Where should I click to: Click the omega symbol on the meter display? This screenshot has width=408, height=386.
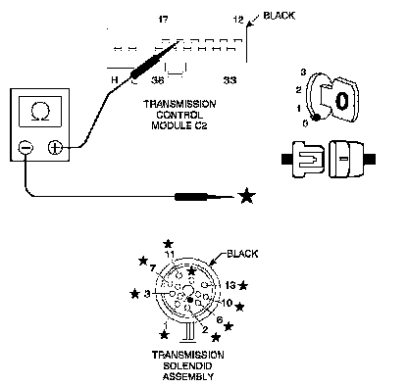[40, 112]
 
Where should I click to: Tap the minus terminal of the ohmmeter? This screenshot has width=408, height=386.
[25, 148]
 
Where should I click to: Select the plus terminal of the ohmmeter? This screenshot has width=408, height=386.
[55, 148]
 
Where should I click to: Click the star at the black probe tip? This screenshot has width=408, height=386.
[246, 196]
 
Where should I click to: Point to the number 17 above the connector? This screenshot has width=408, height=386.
[164, 20]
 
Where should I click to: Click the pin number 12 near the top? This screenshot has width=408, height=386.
[238, 20]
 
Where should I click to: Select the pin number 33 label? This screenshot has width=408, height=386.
[229, 80]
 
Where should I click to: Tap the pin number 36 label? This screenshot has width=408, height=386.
[157, 80]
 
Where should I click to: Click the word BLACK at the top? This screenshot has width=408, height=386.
[280, 16]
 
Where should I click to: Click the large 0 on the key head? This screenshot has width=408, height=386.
[341, 101]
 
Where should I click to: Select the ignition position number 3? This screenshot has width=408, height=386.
[303, 72]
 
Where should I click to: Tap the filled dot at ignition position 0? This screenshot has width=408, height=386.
[316, 118]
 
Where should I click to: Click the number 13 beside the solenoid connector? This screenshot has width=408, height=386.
[230, 285]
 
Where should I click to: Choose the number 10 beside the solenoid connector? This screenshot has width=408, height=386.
[227, 303]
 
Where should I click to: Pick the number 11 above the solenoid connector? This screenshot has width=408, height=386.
[170, 255]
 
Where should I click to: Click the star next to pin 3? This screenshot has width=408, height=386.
[134, 294]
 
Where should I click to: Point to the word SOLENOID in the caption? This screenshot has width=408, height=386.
[187, 365]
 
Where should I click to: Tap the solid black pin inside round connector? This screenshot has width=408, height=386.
[190, 300]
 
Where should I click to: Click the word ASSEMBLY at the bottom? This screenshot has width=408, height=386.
[188, 376]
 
